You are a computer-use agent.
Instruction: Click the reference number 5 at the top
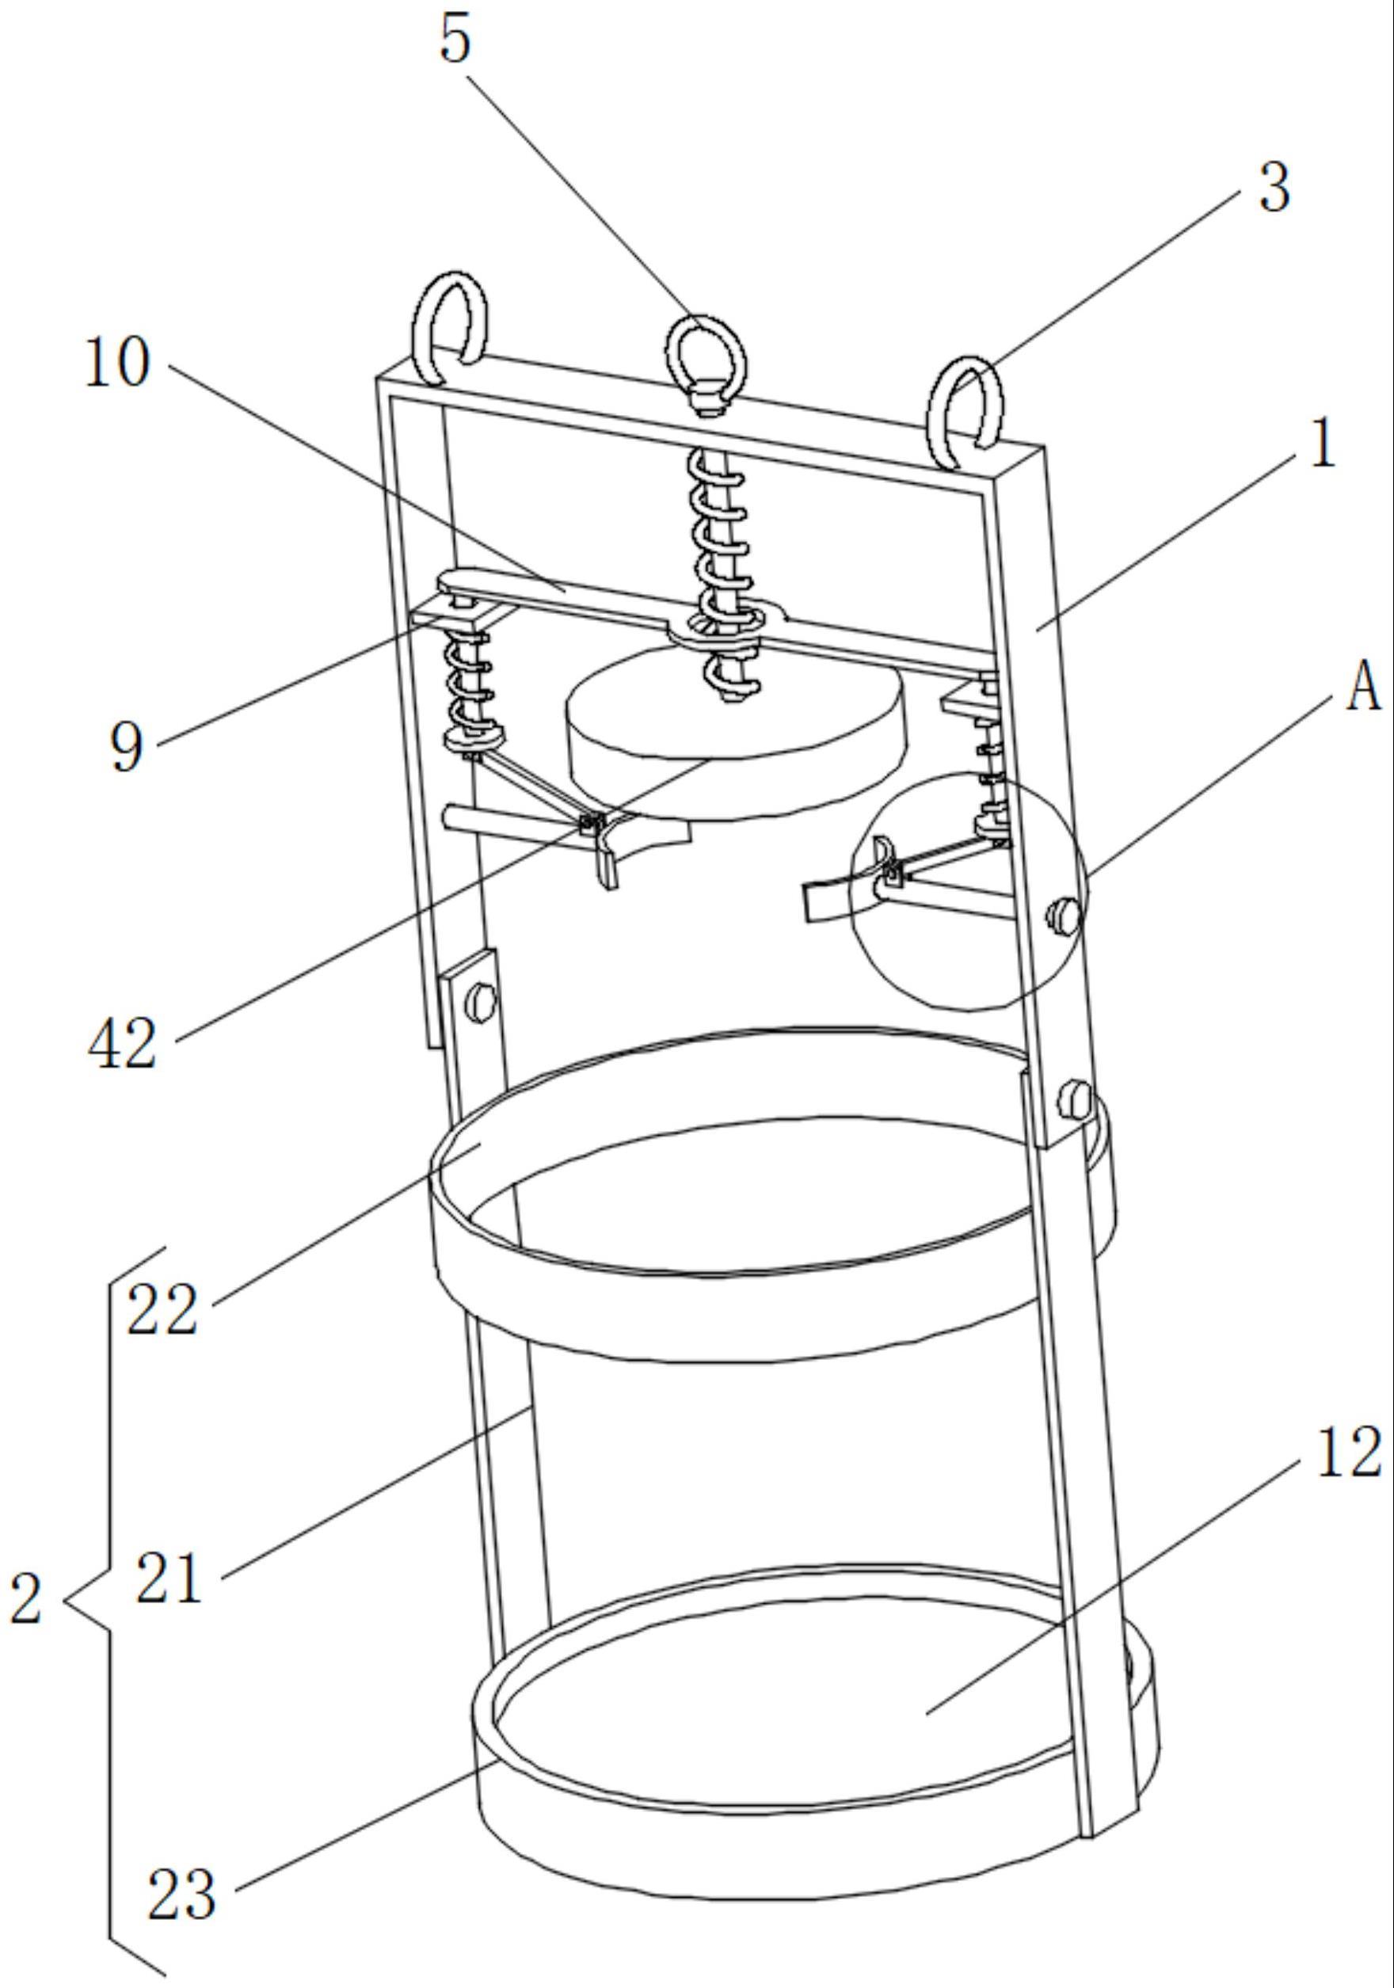click(456, 40)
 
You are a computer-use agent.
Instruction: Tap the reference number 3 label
click(1274, 187)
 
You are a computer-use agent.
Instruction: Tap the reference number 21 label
click(169, 1577)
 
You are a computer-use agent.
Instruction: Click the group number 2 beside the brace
click(27, 1599)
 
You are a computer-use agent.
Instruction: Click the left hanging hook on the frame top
click(449, 328)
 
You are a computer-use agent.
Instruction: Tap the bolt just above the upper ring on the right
click(1075, 1097)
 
